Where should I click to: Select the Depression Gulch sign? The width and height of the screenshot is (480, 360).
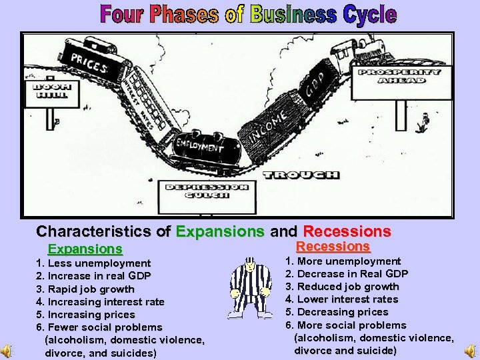(x=206, y=191)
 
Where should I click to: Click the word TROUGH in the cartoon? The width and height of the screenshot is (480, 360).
(x=301, y=175)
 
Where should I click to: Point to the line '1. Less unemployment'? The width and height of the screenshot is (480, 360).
(x=93, y=263)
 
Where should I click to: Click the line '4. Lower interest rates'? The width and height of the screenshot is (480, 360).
(x=341, y=299)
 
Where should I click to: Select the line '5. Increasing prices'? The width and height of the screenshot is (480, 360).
(x=85, y=314)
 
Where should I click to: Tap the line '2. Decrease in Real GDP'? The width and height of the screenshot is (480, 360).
(x=346, y=274)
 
